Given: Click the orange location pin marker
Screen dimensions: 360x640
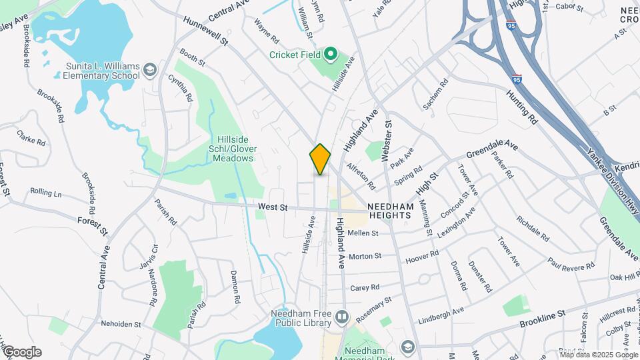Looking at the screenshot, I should [320, 159].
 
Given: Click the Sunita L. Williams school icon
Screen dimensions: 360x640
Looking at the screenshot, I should [151, 68].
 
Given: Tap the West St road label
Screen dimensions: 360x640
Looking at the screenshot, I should [272, 208].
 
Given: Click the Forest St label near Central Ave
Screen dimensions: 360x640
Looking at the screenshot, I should [92, 225].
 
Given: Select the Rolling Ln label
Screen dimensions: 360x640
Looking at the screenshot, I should [46, 193].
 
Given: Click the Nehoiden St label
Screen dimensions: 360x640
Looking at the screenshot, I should [121, 324].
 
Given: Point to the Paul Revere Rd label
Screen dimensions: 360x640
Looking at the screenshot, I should [571, 262].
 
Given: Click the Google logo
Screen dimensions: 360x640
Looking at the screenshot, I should [22, 352].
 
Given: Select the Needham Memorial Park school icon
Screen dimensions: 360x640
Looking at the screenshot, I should [407, 347].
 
